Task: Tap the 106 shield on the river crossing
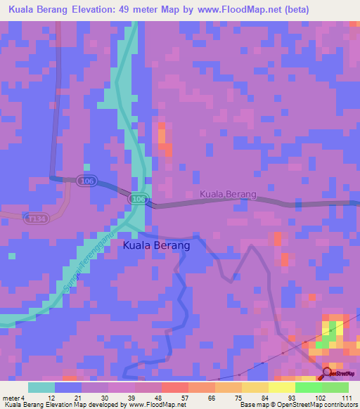139,200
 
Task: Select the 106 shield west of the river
86,181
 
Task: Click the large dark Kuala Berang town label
156,246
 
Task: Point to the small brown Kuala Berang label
229,194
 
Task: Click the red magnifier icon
328,373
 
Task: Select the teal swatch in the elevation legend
41,387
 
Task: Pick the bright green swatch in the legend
308,387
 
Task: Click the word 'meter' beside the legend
9,399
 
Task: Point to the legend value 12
50,399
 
